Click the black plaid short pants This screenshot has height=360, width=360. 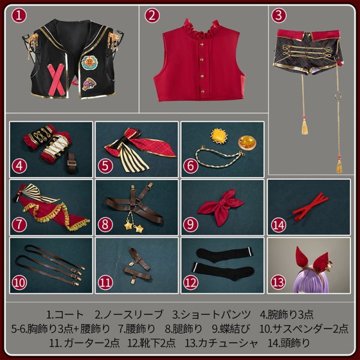coord(307,57)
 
